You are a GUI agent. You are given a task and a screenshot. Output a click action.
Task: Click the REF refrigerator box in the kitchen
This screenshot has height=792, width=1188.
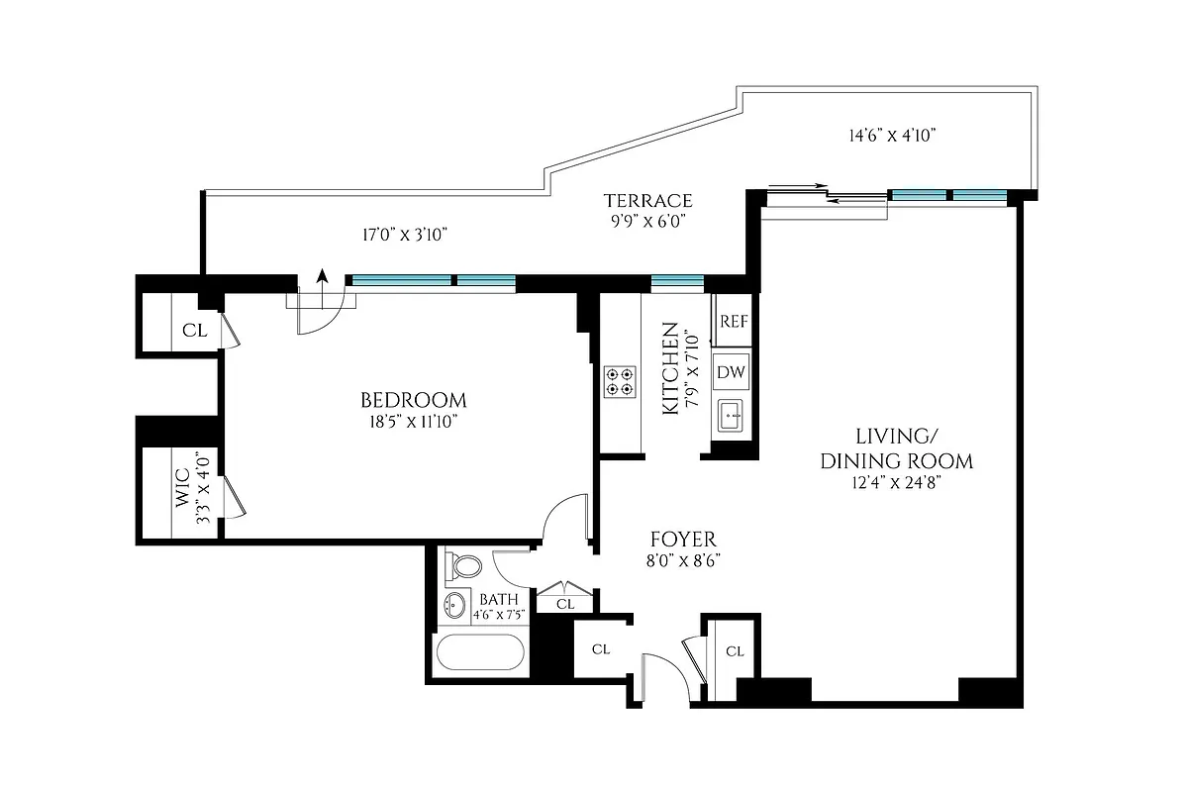[x=733, y=321]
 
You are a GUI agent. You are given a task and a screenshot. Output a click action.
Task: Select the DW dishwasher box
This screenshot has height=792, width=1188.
[x=733, y=373]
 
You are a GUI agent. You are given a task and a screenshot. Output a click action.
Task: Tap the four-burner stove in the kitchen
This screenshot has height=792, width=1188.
[x=621, y=381]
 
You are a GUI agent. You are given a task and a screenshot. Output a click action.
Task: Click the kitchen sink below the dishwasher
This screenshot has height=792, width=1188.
[x=732, y=414]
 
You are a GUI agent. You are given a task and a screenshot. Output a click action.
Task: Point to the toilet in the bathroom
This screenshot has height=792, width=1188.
[x=463, y=566]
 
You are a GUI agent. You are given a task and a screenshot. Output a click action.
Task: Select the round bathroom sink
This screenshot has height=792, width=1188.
[x=454, y=606]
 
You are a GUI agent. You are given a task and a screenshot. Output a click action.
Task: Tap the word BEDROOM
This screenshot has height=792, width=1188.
[x=413, y=401]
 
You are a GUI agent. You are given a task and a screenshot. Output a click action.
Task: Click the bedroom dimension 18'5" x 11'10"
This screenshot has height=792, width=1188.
[x=413, y=422]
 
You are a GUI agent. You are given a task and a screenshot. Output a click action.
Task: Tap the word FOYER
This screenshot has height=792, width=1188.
[x=682, y=540]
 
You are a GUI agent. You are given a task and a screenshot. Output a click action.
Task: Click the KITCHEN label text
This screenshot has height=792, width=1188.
[x=670, y=367]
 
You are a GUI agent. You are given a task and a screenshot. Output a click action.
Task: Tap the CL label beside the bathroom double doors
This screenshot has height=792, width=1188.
[x=565, y=604]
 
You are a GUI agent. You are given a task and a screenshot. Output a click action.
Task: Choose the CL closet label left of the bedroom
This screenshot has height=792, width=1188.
[x=195, y=331]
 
